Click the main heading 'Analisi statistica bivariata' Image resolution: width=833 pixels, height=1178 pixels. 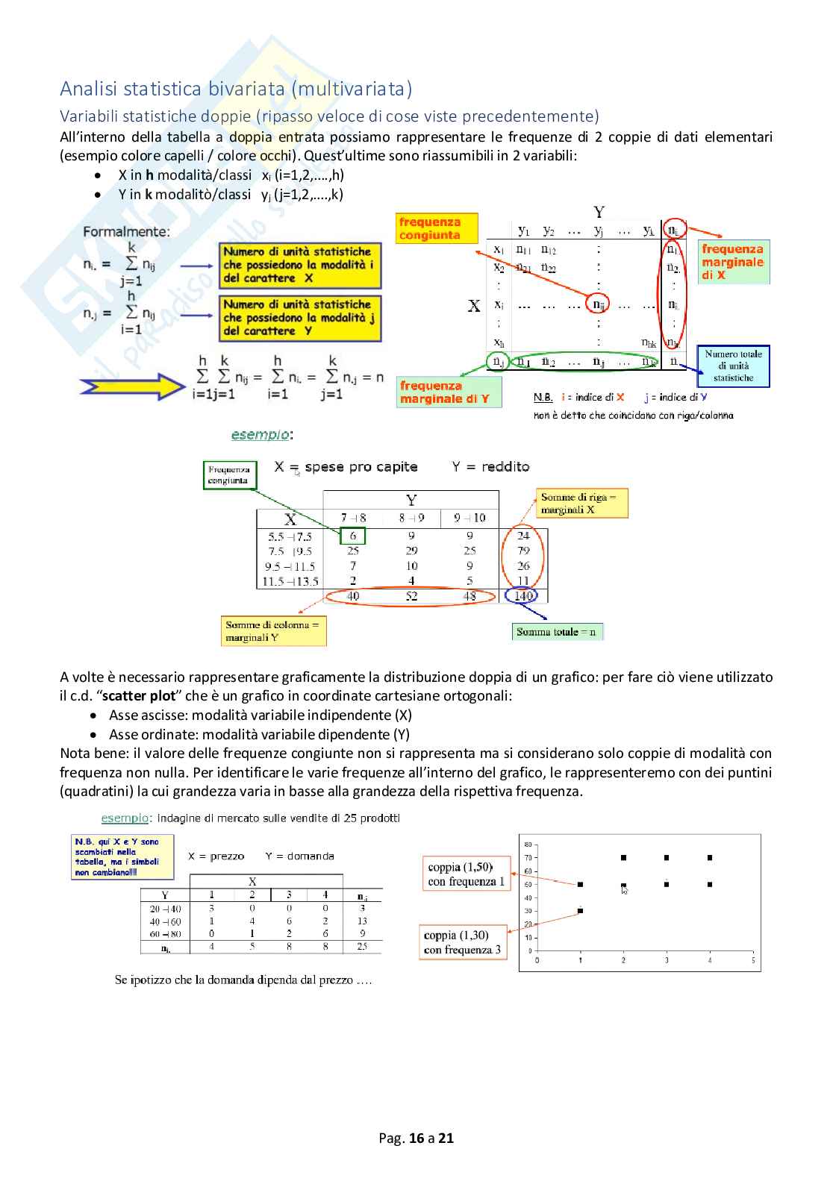pyautogui.click(x=236, y=89)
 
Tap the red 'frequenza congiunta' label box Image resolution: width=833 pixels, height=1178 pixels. pyautogui.click(x=437, y=228)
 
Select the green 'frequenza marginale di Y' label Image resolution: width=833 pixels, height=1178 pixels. pyautogui.click(x=449, y=392)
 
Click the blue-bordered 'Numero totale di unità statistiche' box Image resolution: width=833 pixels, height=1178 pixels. pyautogui.click(x=733, y=366)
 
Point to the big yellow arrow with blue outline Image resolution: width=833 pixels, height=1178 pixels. pyautogui.click(x=132, y=386)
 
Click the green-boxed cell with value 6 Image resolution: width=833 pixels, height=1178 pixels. pyautogui.click(x=352, y=536)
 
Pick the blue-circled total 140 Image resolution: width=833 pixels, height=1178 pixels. pyautogui.click(x=523, y=595)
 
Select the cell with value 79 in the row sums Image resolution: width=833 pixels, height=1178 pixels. pyautogui.click(x=523, y=551)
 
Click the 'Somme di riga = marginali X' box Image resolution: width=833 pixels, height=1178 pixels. pyautogui.click(x=581, y=504)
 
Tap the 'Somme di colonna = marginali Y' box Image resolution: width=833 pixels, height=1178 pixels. pyautogui.click(x=273, y=631)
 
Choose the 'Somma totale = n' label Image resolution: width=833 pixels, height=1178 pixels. pyautogui.click(x=557, y=632)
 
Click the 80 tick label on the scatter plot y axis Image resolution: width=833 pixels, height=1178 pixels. pyautogui.click(x=528, y=845)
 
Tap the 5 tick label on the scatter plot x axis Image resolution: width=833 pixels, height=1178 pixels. pyautogui.click(x=752, y=960)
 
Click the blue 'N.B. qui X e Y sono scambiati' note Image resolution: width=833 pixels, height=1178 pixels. pyautogui.click(x=122, y=856)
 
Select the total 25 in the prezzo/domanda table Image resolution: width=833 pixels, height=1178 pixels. pyautogui.click(x=362, y=946)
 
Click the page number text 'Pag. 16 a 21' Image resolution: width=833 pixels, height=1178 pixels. pyautogui.click(x=416, y=1138)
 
